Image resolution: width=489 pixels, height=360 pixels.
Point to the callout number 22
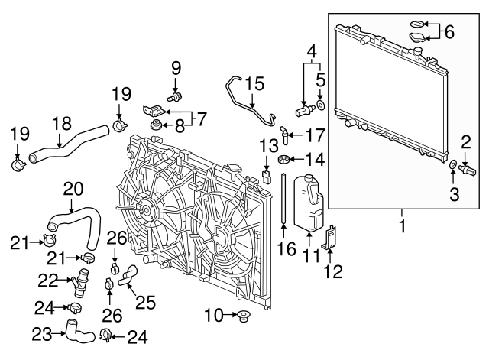[47, 281]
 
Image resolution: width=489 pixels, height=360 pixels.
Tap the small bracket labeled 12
[331, 237]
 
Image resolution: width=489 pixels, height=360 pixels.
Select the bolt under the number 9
[176, 97]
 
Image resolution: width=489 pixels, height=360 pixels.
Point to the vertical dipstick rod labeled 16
[283, 200]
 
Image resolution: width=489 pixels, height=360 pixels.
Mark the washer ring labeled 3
[454, 164]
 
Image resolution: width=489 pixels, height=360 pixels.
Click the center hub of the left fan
[143, 208]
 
